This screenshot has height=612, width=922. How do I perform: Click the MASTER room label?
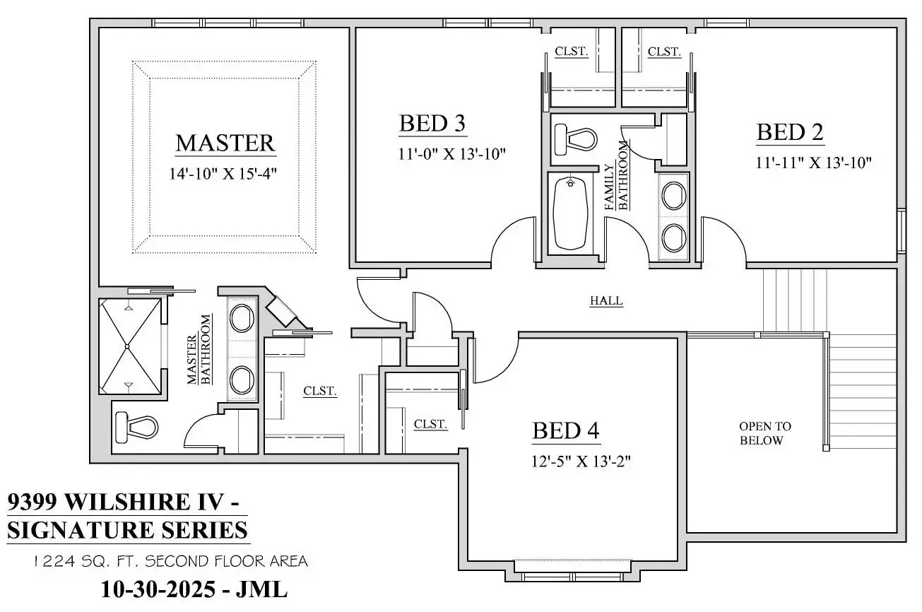(x=225, y=143)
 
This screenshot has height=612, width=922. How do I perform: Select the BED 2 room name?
(x=790, y=132)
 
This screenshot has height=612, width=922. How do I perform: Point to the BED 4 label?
(x=566, y=430)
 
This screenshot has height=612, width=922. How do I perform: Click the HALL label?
(x=606, y=301)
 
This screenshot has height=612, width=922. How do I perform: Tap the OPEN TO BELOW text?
(x=764, y=433)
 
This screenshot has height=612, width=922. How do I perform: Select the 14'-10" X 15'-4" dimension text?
(x=222, y=174)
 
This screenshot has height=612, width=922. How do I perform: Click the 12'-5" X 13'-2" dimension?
(x=581, y=462)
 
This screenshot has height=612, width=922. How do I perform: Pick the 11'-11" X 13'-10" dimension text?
(x=813, y=163)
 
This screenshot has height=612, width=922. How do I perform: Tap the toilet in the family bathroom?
(x=574, y=139)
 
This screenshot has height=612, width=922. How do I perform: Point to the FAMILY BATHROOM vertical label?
(x=616, y=177)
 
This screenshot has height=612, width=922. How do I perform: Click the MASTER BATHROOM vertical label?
(x=199, y=350)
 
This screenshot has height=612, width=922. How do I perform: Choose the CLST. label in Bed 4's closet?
(x=430, y=424)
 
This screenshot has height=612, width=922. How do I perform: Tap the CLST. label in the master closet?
(x=319, y=391)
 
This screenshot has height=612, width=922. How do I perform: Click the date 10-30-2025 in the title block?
(x=158, y=589)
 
